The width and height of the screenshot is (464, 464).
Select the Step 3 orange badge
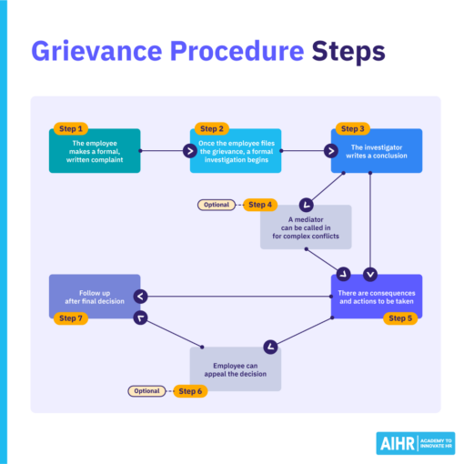pos(354,128)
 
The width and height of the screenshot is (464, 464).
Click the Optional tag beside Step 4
pos(217,205)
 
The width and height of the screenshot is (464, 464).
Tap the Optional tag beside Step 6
pos(146,391)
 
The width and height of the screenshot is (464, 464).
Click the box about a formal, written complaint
pos(95,150)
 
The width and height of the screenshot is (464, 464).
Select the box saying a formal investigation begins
pos(236,150)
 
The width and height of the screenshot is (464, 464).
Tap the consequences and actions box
pos(376,296)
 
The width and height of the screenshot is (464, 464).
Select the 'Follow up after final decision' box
pos(95,296)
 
